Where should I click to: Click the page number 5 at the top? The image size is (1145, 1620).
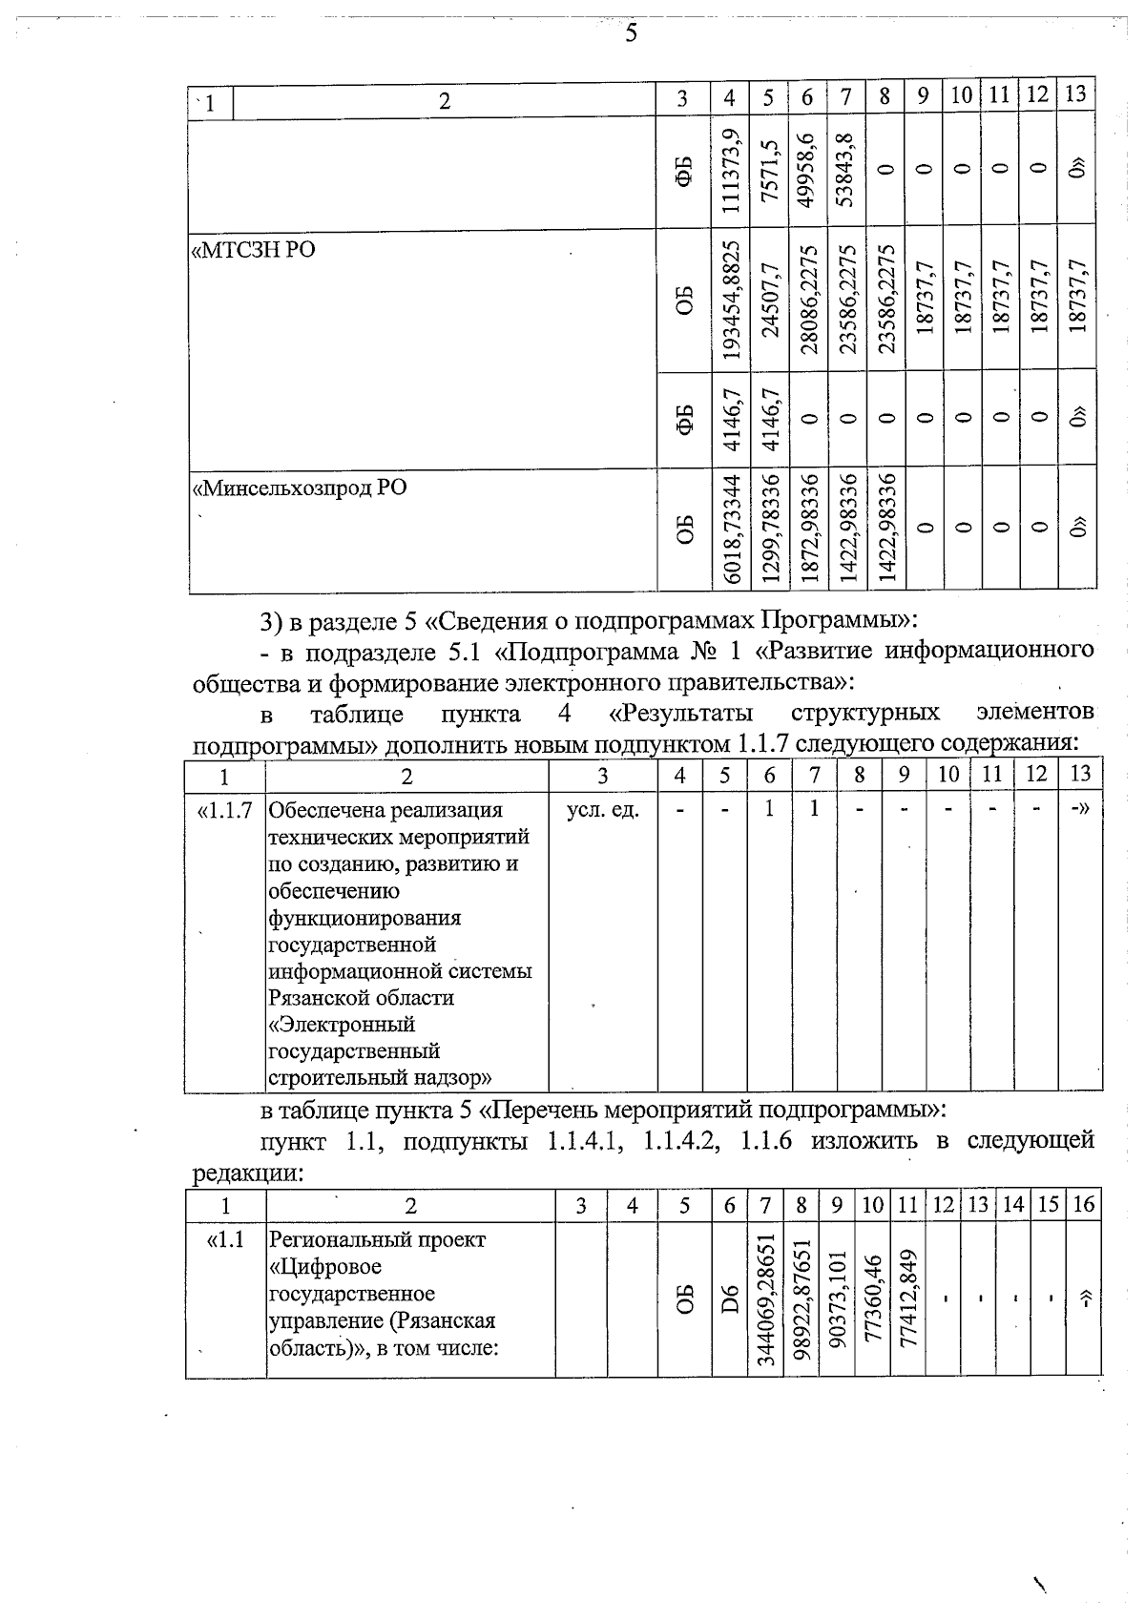pos(630,34)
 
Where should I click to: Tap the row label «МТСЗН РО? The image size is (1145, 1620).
pos(255,251)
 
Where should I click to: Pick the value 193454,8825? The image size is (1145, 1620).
pos(731,301)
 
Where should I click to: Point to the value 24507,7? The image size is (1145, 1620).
pos(770,301)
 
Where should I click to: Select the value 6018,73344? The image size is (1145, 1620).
pos(731,529)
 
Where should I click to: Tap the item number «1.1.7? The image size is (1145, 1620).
pos(224,811)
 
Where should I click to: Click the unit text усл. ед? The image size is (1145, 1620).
pos(603,811)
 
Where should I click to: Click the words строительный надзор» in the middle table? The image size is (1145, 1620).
pos(381,1078)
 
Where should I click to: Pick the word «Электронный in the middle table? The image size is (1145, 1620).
pos(343,1025)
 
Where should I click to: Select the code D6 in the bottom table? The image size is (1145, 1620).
pos(730,1300)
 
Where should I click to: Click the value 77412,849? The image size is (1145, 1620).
pos(908,1300)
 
